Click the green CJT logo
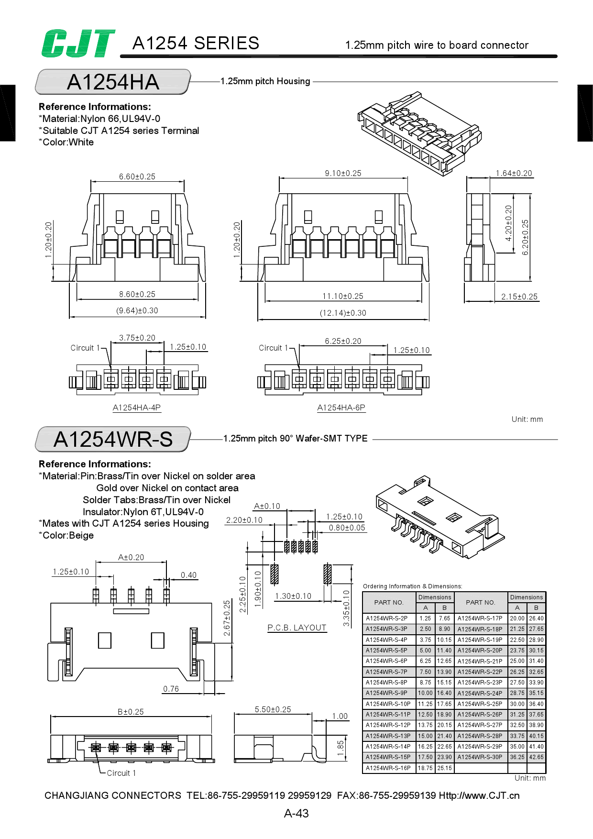pyautogui.click(x=78, y=44)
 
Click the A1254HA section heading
pyautogui.click(x=113, y=82)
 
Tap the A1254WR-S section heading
pyautogui.click(x=113, y=439)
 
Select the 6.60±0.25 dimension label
pyautogui.click(x=137, y=177)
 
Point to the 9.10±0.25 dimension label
pyautogui.click(x=343, y=173)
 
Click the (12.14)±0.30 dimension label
pyautogui.click(x=343, y=313)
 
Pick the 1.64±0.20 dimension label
pyautogui.click(x=514, y=173)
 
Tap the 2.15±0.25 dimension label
pyautogui.click(x=519, y=297)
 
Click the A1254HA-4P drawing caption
pyautogui.click(x=137, y=408)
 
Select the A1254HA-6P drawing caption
pyautogui.click(x=341, y=408)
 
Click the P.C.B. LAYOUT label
pyautogui.click(x=297, y=628)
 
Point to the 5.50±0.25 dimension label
pyautogui.click(x=273, y=709)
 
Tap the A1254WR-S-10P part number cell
pyautogui.click(x=388, y=704)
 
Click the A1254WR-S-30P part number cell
pyautogui.click(x=480, y=757)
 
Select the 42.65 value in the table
pyautogui.click(x=536, y=757)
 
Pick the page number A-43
pyautogui.click(x=296, y=813)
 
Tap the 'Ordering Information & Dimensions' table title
pyautogui.click(x=412, y=586)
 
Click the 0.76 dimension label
pyautogui.click(x=171, y=689)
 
